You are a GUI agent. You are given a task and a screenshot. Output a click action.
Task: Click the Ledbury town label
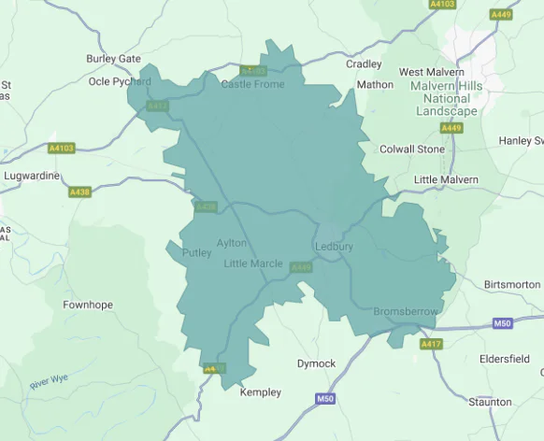[x=334, y=247]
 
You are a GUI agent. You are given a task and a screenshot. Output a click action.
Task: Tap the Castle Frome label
[x=252, y=84]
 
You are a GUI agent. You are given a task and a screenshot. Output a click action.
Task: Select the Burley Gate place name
[x=113, y=59]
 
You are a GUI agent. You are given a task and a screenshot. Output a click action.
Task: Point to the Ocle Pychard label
[x=120, y=81]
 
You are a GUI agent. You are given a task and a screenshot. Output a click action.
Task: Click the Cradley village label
[x=364, y=64]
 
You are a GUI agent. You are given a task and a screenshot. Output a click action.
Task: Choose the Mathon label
[x=375, y=84]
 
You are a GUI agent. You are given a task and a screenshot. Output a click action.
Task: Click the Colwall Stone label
[x=412, y=149]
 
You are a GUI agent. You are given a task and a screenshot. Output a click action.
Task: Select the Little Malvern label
[x=446, y=179]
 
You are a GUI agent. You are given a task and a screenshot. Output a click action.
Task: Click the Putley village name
[x=197, y=252]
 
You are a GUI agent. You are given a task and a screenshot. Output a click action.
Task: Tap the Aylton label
[x=232, y=243]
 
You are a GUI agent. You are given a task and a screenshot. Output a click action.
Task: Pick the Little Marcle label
[x=253, y=263]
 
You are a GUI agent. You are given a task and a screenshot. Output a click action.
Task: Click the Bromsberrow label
[x=406, y=311]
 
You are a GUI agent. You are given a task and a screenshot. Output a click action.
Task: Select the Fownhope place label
[x=87, y=305]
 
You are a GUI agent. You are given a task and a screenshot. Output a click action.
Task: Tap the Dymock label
[x=316, y=363]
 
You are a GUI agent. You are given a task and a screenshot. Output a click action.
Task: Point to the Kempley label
[x=260, y=392]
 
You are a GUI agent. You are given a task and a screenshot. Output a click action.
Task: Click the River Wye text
[x=50, y=384]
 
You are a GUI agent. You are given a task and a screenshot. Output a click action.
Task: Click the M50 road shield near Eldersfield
[x=503, y=323]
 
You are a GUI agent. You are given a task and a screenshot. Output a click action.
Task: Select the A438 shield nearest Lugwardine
[x=79, y=192]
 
